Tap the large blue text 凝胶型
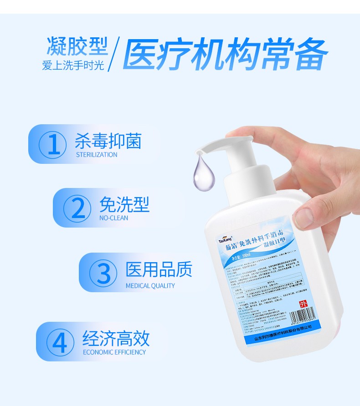(77, 47)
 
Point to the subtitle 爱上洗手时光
(73, 65)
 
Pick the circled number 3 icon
(105, 273)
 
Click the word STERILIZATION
(97, 155)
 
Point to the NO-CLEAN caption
(113, 218)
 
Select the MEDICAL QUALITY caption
(150, 286)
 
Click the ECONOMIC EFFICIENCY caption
(114, 352)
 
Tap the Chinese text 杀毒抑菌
(108, 141)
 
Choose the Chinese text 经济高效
(116, 339)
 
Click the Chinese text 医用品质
(159, 269)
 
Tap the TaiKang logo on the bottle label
(225, 239)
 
